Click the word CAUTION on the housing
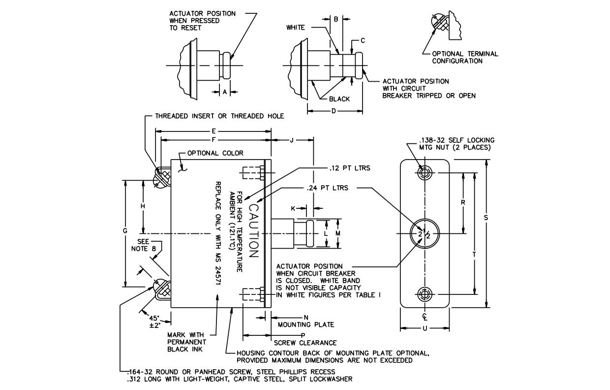click(x=253, y=231)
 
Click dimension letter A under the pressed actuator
click(x=225, y=92)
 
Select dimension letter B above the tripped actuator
click(x=336, y=19)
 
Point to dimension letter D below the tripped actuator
click(x=334, y=111)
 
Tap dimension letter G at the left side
click(x=125, y=231)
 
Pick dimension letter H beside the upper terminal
click(x=143, y=206)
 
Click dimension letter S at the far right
click(x=486, y=218)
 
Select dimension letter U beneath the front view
click(x=425, y=328)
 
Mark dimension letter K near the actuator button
click(x=293, y=208)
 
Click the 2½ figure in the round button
click(x=424, y=233)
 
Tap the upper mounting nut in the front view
click(x=425, y=173)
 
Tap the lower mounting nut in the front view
click(x=425, y=294)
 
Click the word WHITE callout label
click(x=296, y=28)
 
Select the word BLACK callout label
click(x=339, y=99)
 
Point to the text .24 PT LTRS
click(x=327, y=188)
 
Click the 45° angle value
click(x=154, y=318)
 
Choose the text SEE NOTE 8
click(x=144, y=245)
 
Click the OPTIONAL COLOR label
click(x=215, y=153)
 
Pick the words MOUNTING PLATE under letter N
click(x=306, y=325)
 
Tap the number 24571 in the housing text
click(x=218, y=276)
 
